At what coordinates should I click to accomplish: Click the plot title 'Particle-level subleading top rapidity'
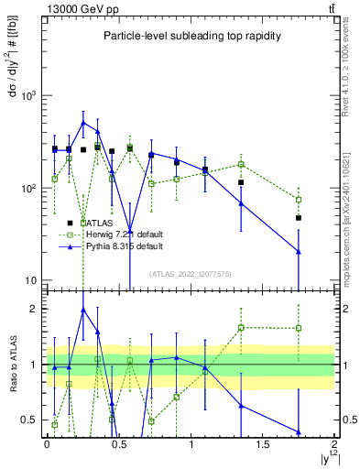coord(191,36)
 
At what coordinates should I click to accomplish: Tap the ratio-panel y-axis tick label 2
coord(35,309)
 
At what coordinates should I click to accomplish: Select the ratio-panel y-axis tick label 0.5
coord(31,420)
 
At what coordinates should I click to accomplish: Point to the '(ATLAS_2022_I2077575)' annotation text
coord(191,274)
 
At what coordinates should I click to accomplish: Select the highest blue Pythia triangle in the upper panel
coord(83,122)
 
